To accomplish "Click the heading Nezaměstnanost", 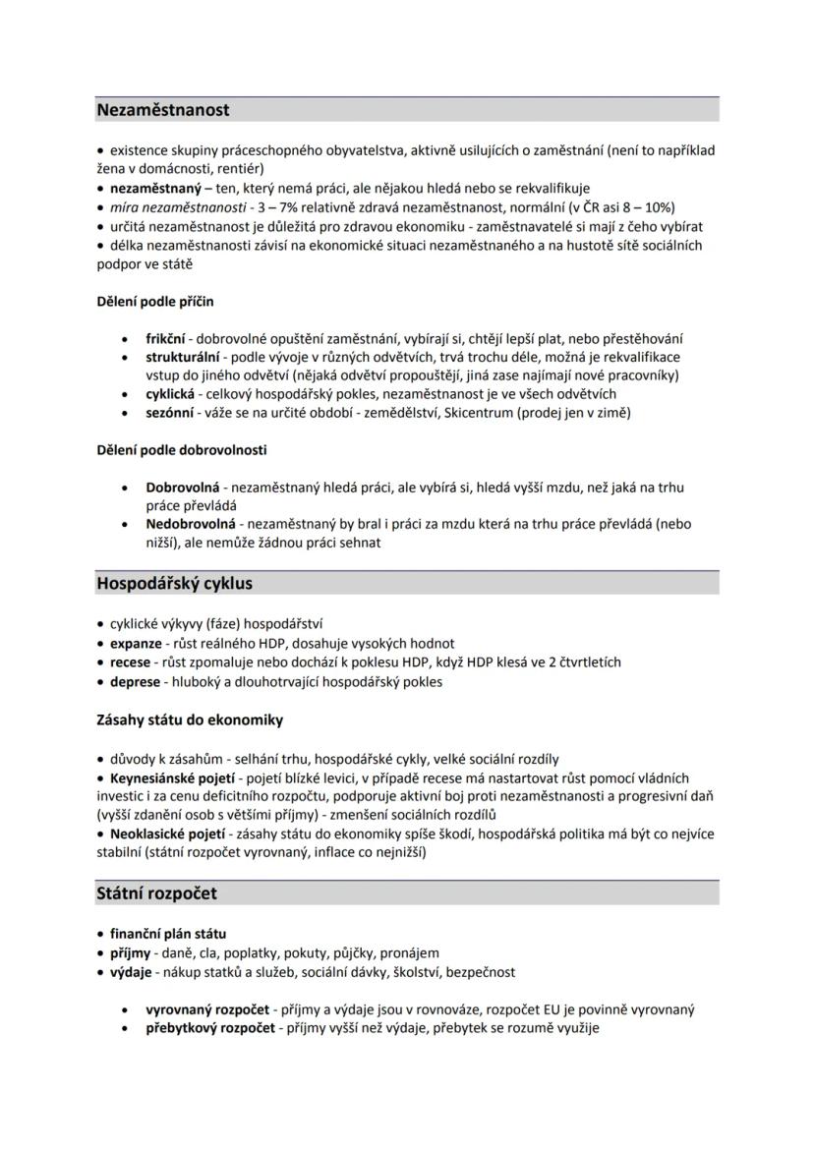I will click(162, 110).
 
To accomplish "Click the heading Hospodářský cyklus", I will click(174, 583).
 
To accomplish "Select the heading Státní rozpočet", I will click(156, 893).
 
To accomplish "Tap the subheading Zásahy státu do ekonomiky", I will click(190, 719).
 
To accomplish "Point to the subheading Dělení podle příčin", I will click(154, 301).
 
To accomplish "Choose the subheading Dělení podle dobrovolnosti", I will click(181, 450).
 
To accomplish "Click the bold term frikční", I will click(165, 338).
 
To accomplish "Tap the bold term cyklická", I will click(169, 394).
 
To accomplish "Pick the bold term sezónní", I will click(168, 413).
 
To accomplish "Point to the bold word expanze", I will click(136, 643).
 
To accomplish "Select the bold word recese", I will click(130, 662).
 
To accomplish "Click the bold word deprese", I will click(134, 681).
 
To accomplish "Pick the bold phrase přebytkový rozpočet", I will click(207, 1028).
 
